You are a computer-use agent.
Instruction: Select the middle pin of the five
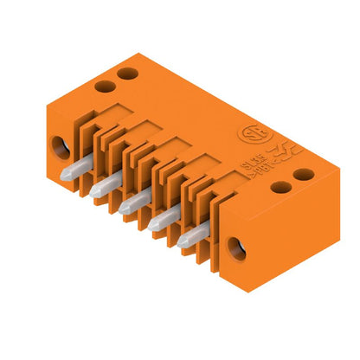point(132,201)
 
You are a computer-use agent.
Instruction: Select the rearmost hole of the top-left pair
point(128,74)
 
